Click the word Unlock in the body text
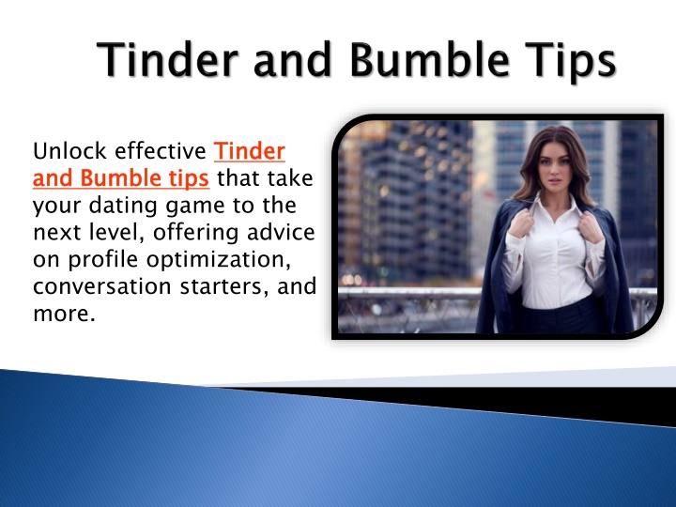(x=69, y=151)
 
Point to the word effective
(x=160, y=151)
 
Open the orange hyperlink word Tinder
(x=250, y=151)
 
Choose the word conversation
(x=101, y=286)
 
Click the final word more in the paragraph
(x=64, y=314)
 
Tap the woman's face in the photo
(x=555, y=165)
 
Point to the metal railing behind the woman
(x=409, y=293)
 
